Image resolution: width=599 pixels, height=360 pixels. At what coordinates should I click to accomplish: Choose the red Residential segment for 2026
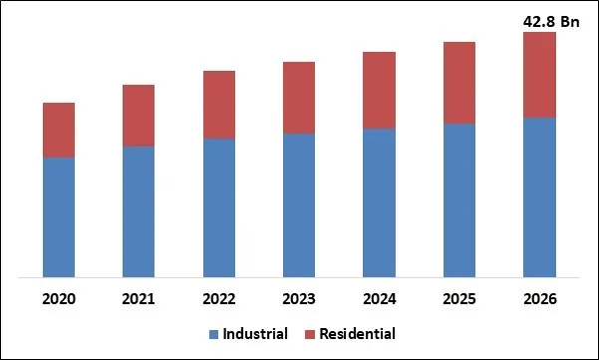[x=539, y=75]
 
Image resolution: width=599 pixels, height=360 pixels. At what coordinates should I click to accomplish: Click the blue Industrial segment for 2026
[x=539, y=196]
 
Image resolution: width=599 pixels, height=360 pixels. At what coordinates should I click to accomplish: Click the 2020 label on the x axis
[x=59, y=299]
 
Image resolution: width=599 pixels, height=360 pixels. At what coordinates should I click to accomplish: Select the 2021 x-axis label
[x=139, y=299]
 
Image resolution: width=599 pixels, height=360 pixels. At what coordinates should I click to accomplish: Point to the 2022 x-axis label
[x=219, y=299]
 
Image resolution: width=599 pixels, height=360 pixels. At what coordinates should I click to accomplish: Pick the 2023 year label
[x=299, y=299]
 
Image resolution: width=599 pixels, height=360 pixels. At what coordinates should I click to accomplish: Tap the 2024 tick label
[x=380, y=299]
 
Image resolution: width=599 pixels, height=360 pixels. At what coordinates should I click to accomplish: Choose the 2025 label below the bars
[x=459, y=299]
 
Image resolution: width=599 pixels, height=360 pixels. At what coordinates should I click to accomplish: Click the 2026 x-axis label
[x=539, y=299]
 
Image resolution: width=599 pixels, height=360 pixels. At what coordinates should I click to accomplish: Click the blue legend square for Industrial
[x=214, y=334]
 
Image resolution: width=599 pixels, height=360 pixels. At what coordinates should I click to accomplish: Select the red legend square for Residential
[x=310, y=334]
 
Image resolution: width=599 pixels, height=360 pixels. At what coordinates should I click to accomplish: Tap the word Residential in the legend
[x=357, y=333]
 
